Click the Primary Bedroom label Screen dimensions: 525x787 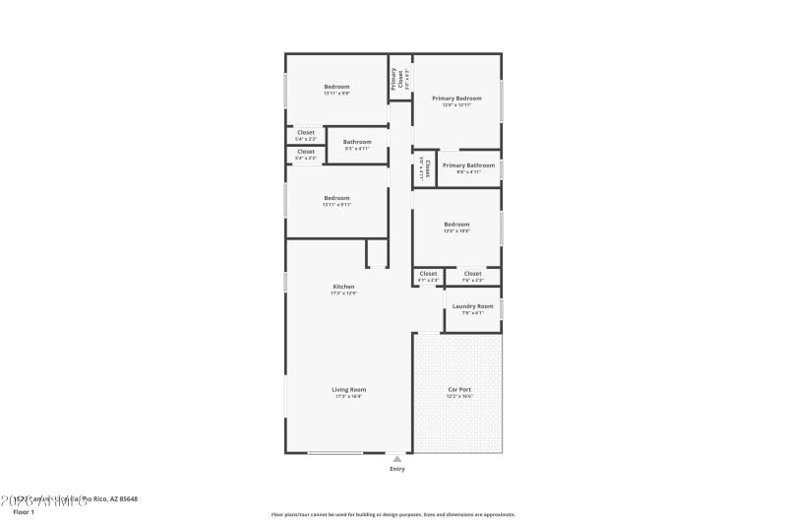pyautogui.click(x=456, y=98)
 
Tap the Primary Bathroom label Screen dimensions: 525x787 pyautogui.click(x=468, y=165)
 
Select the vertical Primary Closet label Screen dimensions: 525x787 pyautogui.click(x=393, y=78)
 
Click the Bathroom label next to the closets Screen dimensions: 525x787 pyautogui.click(x=357, y=142)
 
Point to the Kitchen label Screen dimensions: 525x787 pyautogui.click(x=342, y=287)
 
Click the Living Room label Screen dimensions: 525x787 pyautogui.click(x=349, y=390)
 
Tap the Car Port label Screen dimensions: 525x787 pyautogui.click(x=458, y=390)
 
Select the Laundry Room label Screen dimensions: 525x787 pyautogui.click(x=472, y=306)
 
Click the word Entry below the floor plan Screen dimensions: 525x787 pyautogui.click(x=396, y=469)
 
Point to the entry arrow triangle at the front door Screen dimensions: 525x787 pyautogui.click(x=396, y=458)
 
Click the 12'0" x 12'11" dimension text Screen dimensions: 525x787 pyautogui.click(x=456, y=105)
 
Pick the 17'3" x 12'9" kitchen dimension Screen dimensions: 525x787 pyautogui.click(x=342, y=294)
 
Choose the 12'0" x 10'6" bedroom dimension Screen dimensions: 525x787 pyautogui.click(x=456, y=230)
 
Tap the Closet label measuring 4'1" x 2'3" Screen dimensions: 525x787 pyautogui.click(x=428, y=274)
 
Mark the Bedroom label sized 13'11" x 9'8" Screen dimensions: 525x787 pyautogui.click(x=336, y=87)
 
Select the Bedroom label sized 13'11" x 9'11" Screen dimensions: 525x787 pyautogui.click(x=336, y=198)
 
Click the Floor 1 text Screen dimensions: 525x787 pyautogui.click(x=23, y=512)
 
